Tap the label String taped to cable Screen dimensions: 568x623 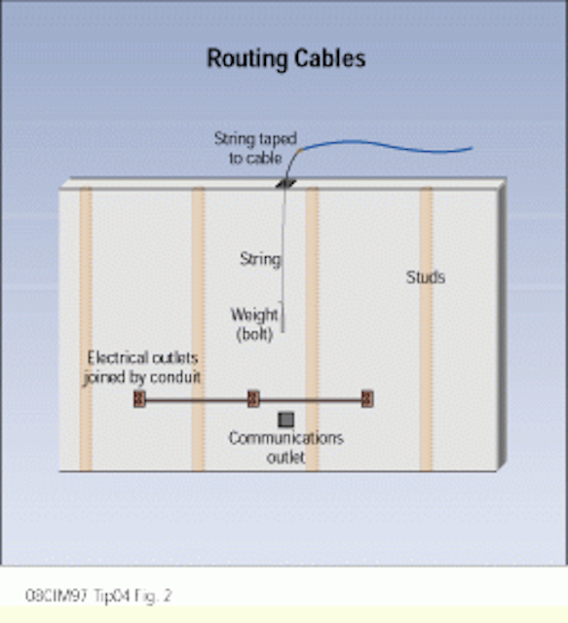[255, 148]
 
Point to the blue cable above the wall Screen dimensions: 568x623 [386, 146]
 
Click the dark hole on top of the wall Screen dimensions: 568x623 [286, 184]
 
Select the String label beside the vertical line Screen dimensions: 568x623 [260, 259]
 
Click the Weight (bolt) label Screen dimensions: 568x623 [254, 324]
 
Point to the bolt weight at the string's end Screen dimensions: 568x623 [283, 316]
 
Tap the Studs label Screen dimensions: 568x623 [425, 276]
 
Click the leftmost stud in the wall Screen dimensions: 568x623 [86, 329]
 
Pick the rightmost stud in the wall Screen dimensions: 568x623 [426, 329]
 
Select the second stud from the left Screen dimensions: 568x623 [198, 329]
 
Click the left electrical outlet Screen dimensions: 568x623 [139, 399]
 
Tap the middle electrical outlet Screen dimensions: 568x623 [253, 399]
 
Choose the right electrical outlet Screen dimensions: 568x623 [367, 399]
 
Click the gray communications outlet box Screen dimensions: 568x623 [286, 420]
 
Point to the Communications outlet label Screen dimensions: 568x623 [286, 448]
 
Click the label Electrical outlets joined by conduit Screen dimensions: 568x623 [142, 367]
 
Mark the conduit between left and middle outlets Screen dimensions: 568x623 [197, 400]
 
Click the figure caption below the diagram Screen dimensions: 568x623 [98, 596]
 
